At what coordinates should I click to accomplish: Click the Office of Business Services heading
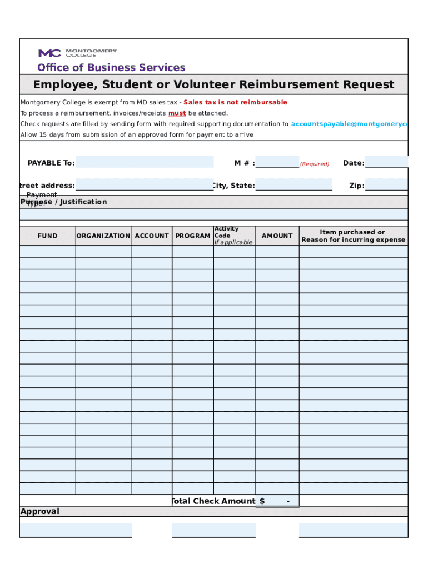[111, 68]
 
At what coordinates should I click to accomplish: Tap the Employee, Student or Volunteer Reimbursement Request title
[213, 84]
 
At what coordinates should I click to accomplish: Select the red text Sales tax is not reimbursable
[235, 102]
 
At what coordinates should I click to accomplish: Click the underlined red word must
[177, 113]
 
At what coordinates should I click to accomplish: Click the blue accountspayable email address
[349, 124]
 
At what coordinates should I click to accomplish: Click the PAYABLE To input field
[145, 162]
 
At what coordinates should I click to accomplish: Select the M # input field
[277, 162]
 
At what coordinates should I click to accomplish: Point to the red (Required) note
[315, 164]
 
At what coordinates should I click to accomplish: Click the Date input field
[386, 162]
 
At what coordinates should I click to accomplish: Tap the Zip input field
[386, 185]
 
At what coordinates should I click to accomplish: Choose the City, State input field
[293, 185]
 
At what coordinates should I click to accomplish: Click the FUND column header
[47, 236]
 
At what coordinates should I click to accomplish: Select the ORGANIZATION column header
[103, 236]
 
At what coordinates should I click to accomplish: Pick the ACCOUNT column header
[152, 236]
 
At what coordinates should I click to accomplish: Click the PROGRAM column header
[192, 236]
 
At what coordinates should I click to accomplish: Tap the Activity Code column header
[233, 236]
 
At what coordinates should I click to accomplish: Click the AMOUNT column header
[277, 236]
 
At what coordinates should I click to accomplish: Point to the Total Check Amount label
[214, 501]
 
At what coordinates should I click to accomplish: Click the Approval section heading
[40, 511]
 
